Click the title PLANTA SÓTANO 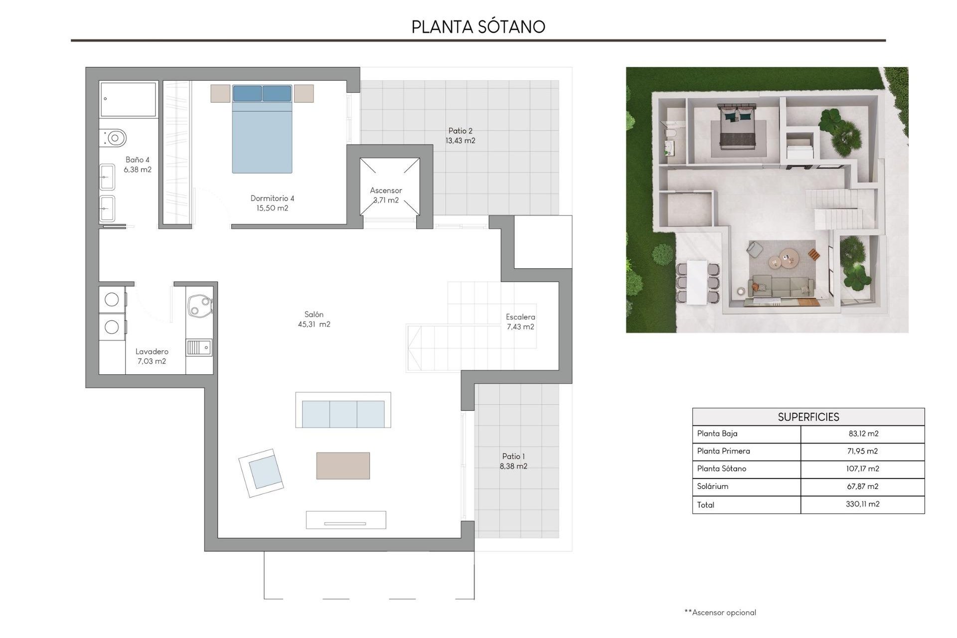click(478, 27)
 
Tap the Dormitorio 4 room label click(272, 198)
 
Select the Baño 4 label click(138, 160)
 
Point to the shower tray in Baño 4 click(128, 99)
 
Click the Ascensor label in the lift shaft click(386, 190)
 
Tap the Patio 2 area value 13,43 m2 click(460, 141)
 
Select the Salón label click(314, 315)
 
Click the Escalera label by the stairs click(520, 317)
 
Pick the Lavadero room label click(152, 352)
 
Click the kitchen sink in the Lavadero click(199, 347)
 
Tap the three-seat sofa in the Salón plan click(343, 414)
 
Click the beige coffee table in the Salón click(343, 466)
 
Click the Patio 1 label click(513, 457)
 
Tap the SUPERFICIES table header click(808, 417)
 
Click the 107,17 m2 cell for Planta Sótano click(862, 469)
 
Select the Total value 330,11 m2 click(862, 504)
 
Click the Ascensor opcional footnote click(720, 613)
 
